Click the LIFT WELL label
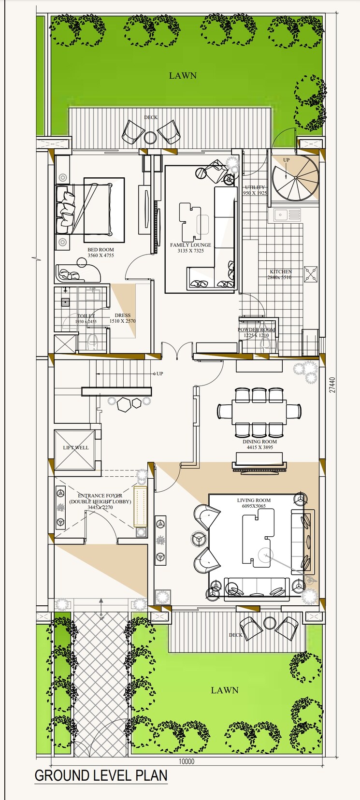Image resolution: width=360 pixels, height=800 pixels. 76,447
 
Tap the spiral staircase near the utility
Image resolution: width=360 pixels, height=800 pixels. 295,177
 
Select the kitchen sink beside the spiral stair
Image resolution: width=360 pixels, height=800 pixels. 287,214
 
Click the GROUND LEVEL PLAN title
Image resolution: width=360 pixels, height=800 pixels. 101,776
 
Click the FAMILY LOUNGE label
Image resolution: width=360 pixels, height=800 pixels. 190,245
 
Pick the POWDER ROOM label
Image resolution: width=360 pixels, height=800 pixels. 256,330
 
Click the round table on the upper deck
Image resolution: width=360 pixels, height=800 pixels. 150,138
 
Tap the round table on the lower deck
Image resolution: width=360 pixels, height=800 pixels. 269,623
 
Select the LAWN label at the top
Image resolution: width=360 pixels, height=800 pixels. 183,75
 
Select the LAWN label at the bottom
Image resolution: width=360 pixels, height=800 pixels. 225,690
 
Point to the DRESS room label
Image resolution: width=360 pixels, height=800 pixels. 123,315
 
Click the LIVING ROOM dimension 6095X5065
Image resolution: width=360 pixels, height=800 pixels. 254,506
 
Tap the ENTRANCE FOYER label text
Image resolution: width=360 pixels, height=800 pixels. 100,496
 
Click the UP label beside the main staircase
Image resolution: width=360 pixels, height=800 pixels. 159,373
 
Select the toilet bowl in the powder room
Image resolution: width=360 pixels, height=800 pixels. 264,343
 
